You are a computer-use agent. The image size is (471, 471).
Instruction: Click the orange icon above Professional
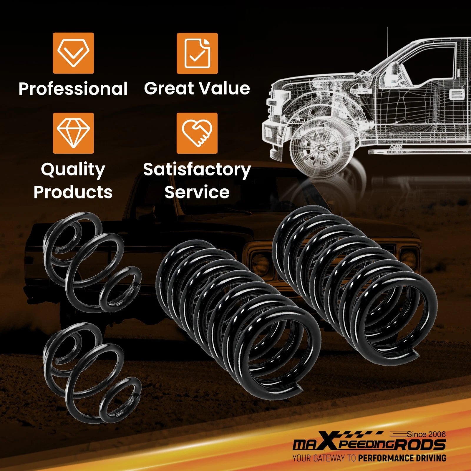tap(73, 53)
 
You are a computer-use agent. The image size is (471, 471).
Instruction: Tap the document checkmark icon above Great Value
tap(197, 53)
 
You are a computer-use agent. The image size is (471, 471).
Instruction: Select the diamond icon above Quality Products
tap(73, 133)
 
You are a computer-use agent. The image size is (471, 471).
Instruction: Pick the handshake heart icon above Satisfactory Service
tap(197, 133)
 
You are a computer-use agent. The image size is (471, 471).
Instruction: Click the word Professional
tap(73, 89)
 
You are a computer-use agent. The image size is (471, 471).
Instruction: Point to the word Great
tap(168, 88)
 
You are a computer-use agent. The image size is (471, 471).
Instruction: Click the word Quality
tap(73, 170)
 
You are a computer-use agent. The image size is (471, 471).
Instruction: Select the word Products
tap(73, 192)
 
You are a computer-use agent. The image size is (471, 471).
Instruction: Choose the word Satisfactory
tap(197, 170)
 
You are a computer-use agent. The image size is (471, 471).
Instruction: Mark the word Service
tap(197, 192)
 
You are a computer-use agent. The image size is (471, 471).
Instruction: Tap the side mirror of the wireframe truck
tap(391, 74)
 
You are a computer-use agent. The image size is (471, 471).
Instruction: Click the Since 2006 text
tap(426, 434)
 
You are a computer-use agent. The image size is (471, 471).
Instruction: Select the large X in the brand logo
tap(326, 444)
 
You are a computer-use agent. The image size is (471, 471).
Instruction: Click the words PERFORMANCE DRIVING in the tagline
tap(402, 458)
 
